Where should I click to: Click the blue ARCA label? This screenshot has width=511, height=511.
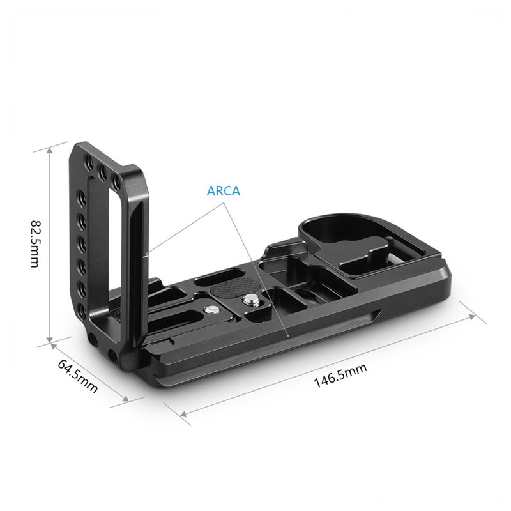pyautogui.click(x=223, y=190)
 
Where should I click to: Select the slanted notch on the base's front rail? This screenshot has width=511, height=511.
pyautogui.click(x=377, y=314)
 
